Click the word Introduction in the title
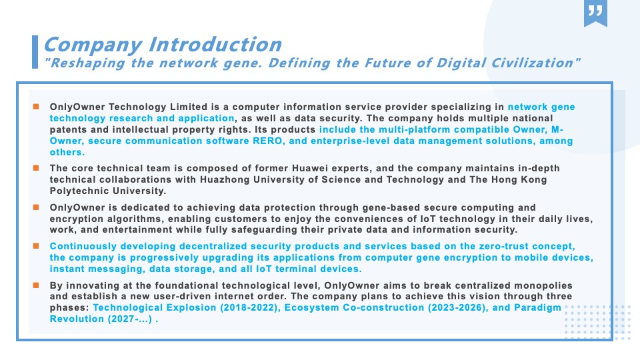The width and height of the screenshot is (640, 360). click(215, 45)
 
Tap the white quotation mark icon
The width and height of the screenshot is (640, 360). click(595, 10)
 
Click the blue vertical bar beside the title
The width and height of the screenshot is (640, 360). click(35, 52)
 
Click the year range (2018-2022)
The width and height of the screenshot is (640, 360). click(250, 308)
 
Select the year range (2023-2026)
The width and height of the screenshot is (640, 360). click(458, 308)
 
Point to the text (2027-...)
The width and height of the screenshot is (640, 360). click(130, 319)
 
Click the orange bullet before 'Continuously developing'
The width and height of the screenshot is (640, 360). click(36, 246)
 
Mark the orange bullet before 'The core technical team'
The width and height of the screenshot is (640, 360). click(36, 168)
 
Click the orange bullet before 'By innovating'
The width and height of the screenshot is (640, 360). click(36, 285)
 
